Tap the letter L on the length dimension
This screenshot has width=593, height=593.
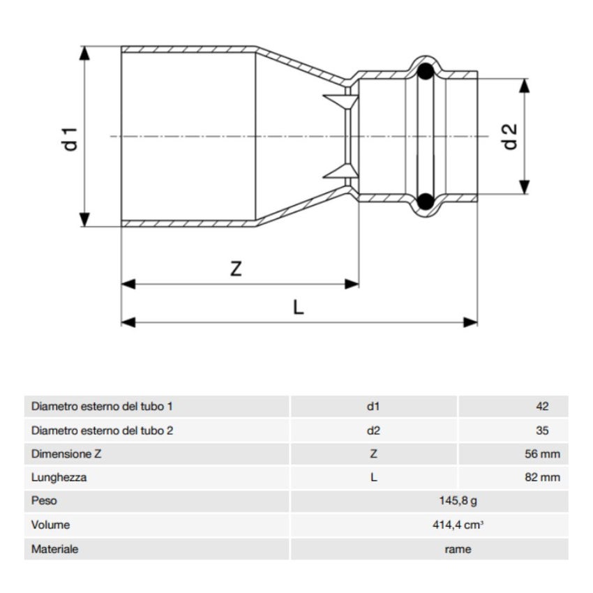tap(299, 308)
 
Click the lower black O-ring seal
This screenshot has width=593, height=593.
tap(424, 202)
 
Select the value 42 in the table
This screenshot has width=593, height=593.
tap(543, 406)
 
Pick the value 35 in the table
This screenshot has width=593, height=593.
tap(543, 430)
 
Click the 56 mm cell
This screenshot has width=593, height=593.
tap(542, 454)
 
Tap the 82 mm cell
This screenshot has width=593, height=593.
tap(542, 478)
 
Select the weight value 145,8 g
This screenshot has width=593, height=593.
tap(458, 501)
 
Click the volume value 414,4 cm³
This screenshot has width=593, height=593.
tap(458, 525)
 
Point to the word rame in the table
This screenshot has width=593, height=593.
tap(458, 549)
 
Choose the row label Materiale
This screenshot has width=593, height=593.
tap(54, 549)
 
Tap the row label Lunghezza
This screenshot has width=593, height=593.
tap(59, 478)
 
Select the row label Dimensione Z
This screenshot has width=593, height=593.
tap(66, 454)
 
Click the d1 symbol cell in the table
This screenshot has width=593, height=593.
tap(373, 406)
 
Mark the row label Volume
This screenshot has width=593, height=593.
tap(50, 525)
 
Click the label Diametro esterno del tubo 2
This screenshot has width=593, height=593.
tap(102, 430)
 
